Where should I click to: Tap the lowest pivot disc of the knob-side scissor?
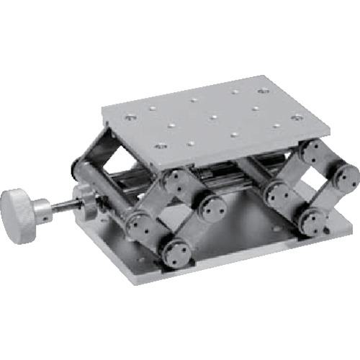tap(175, 252)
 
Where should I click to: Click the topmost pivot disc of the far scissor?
tap(312, 152)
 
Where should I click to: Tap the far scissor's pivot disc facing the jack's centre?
tap(277, 193)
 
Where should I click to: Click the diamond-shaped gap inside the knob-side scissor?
tap(175, 216)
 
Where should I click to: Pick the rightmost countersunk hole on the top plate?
tap(296, 117)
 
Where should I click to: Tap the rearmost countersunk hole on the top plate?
tap(263, 91)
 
